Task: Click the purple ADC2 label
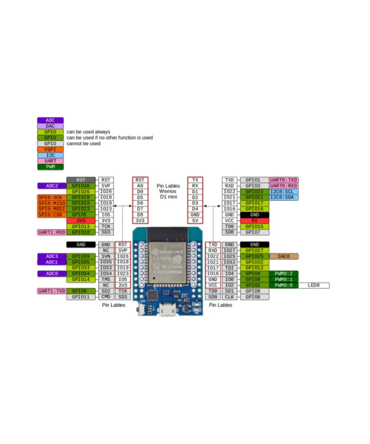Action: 52,186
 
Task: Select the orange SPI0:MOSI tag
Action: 51,209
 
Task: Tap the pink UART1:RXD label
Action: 51,232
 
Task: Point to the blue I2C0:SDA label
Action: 284,197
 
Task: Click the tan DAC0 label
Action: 284,256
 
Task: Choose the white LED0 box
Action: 313,285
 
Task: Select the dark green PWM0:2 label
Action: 284,273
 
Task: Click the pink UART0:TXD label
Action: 284,180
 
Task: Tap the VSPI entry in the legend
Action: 50,149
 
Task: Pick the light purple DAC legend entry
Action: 50,126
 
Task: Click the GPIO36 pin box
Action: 81,186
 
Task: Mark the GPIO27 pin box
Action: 255,250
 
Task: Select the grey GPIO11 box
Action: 81,297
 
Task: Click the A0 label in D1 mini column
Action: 140,186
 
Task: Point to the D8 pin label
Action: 140,215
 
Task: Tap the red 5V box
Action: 255,221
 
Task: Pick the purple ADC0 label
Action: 52,273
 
